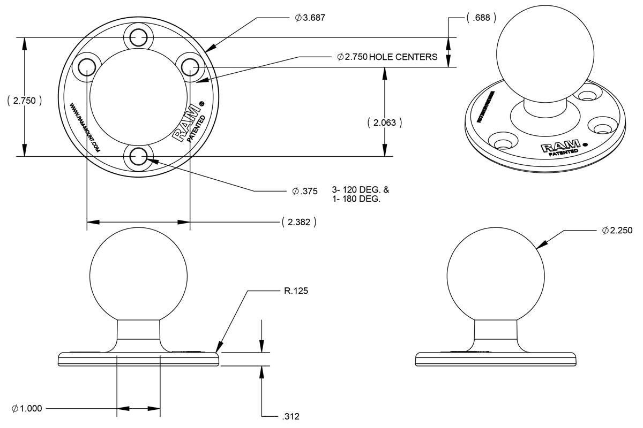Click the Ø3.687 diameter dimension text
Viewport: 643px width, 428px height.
pyautogui.click(x=310, y=18)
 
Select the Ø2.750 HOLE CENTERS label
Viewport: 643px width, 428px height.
pyautogui.click(x=387, y=57)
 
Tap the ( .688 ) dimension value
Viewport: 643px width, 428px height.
pyautogui.click(x=481, y=18)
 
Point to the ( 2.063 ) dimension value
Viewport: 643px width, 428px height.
pyautogui.click(x=384, y=123)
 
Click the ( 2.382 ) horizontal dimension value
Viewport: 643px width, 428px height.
pyautogui.click(x=298, y=222)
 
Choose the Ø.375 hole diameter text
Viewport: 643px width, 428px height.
pyautogui.click(x=305, y=191)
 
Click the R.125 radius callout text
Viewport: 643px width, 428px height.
pyautogui.click(x=296, y=292)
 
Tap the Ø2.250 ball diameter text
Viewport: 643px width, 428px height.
pyautogui.click(x=617, y=231)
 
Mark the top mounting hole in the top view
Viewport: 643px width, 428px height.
pyautogui.click(x=138, y=37)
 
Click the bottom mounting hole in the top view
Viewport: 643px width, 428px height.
pyautogui.click(x=138, y=157)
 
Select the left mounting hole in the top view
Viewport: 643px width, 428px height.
pyautogui.click(x=86, y=67)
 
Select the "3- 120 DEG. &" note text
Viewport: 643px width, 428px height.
pyautogui.click(x=361, y=189)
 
